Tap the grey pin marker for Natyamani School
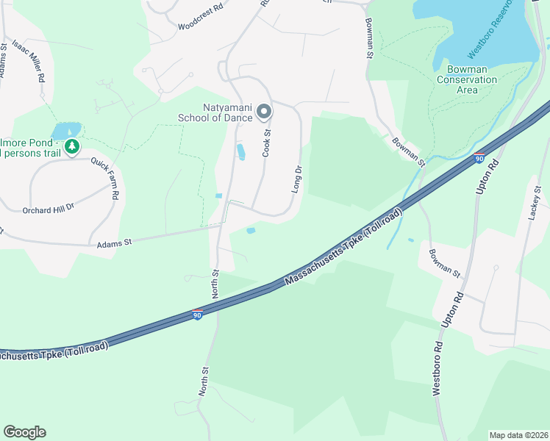point(264,112)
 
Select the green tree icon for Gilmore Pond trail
point(71,147)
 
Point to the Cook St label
point(267,143)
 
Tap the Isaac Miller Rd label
point(28,61)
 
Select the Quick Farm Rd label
point(104,180)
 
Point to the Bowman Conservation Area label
point(467,79)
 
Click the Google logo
point(24,432)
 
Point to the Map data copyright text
point(518,435)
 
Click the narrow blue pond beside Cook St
point(240,152)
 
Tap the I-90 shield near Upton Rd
point(479,157)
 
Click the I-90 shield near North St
point(198,315)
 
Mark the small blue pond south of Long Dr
point(251,231)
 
